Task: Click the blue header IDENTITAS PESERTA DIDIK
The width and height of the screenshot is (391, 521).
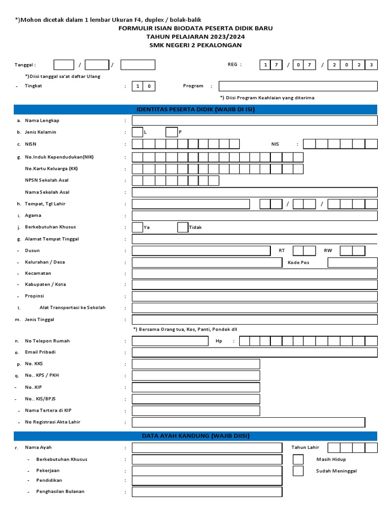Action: [x=195, y=109]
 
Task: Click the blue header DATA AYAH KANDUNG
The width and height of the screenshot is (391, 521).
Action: [x=195, y=436]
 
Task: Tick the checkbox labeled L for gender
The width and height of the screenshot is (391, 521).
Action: [x=137, y=132]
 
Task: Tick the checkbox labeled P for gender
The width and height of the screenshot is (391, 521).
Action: [x=172, y=132]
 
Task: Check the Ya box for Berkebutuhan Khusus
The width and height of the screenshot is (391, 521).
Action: [x=137, y=227]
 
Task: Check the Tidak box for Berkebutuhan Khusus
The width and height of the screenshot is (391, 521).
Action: [x=183, y=227]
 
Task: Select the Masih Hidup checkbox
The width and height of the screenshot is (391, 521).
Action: [x=298, y=459]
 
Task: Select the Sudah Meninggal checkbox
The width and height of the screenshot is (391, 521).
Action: [x=298, y=471]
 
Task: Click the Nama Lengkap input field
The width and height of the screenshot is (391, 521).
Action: [x=255, y=121]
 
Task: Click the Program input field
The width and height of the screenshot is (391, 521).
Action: [x=298, y=86]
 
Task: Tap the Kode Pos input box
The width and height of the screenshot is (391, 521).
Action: [x=352, y=263]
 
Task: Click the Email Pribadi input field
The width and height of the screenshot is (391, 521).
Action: [x=255, y=353]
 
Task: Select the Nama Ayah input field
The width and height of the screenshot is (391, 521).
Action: [x=207, y=448]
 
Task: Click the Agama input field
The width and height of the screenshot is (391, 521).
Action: [x=255, y=216]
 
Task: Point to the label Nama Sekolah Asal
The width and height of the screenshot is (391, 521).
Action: [x=47, y=192]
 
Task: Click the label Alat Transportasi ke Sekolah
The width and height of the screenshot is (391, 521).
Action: [x=72, y=308]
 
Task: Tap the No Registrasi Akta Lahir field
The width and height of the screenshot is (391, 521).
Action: [x=248, y=422]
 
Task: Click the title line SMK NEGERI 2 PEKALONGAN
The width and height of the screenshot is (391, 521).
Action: [x=195, y=45]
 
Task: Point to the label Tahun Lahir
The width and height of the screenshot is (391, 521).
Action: [x=305, y=448]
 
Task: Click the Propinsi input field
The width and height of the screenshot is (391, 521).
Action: [x=255, y=296]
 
